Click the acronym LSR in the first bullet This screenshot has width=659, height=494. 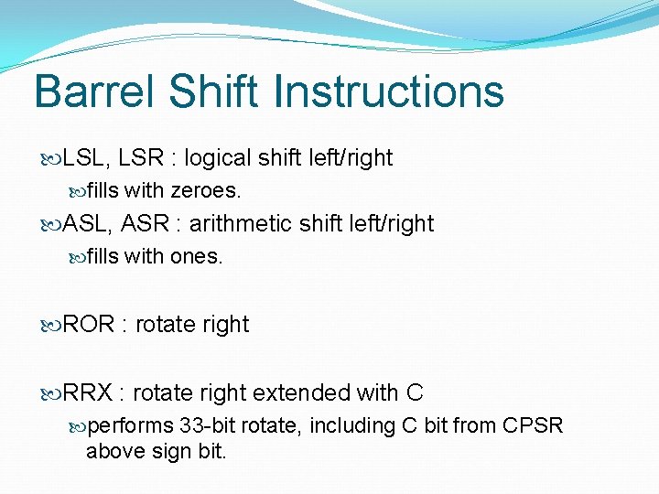142,158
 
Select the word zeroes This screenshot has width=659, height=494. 206,191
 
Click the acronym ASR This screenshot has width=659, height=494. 143,224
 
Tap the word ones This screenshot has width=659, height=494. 196,257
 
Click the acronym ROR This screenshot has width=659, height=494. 88,325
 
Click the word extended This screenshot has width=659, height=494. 301,393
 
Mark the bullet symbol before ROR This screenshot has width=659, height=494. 51,326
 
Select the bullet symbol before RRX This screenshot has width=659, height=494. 51,394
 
